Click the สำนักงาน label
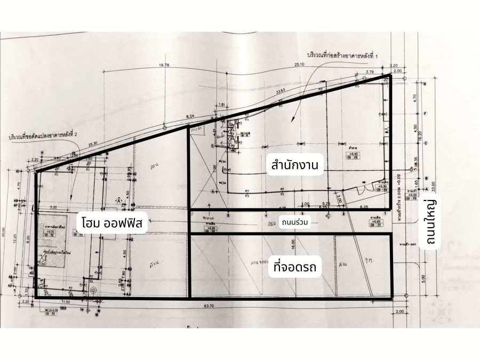click(294, 165)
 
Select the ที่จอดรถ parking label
click(294, 267)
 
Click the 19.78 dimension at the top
click(164, 65)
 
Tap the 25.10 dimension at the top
click(298, 65)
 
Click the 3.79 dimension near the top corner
click(370, 71)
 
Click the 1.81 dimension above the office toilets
click(222, 105)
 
